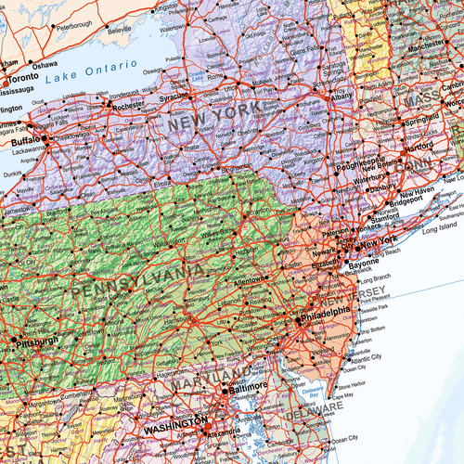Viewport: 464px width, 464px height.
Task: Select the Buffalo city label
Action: pyautogui.click(x=26, y=142)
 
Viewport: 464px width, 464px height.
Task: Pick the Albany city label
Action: pyautogui.click(x=343, y=96)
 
